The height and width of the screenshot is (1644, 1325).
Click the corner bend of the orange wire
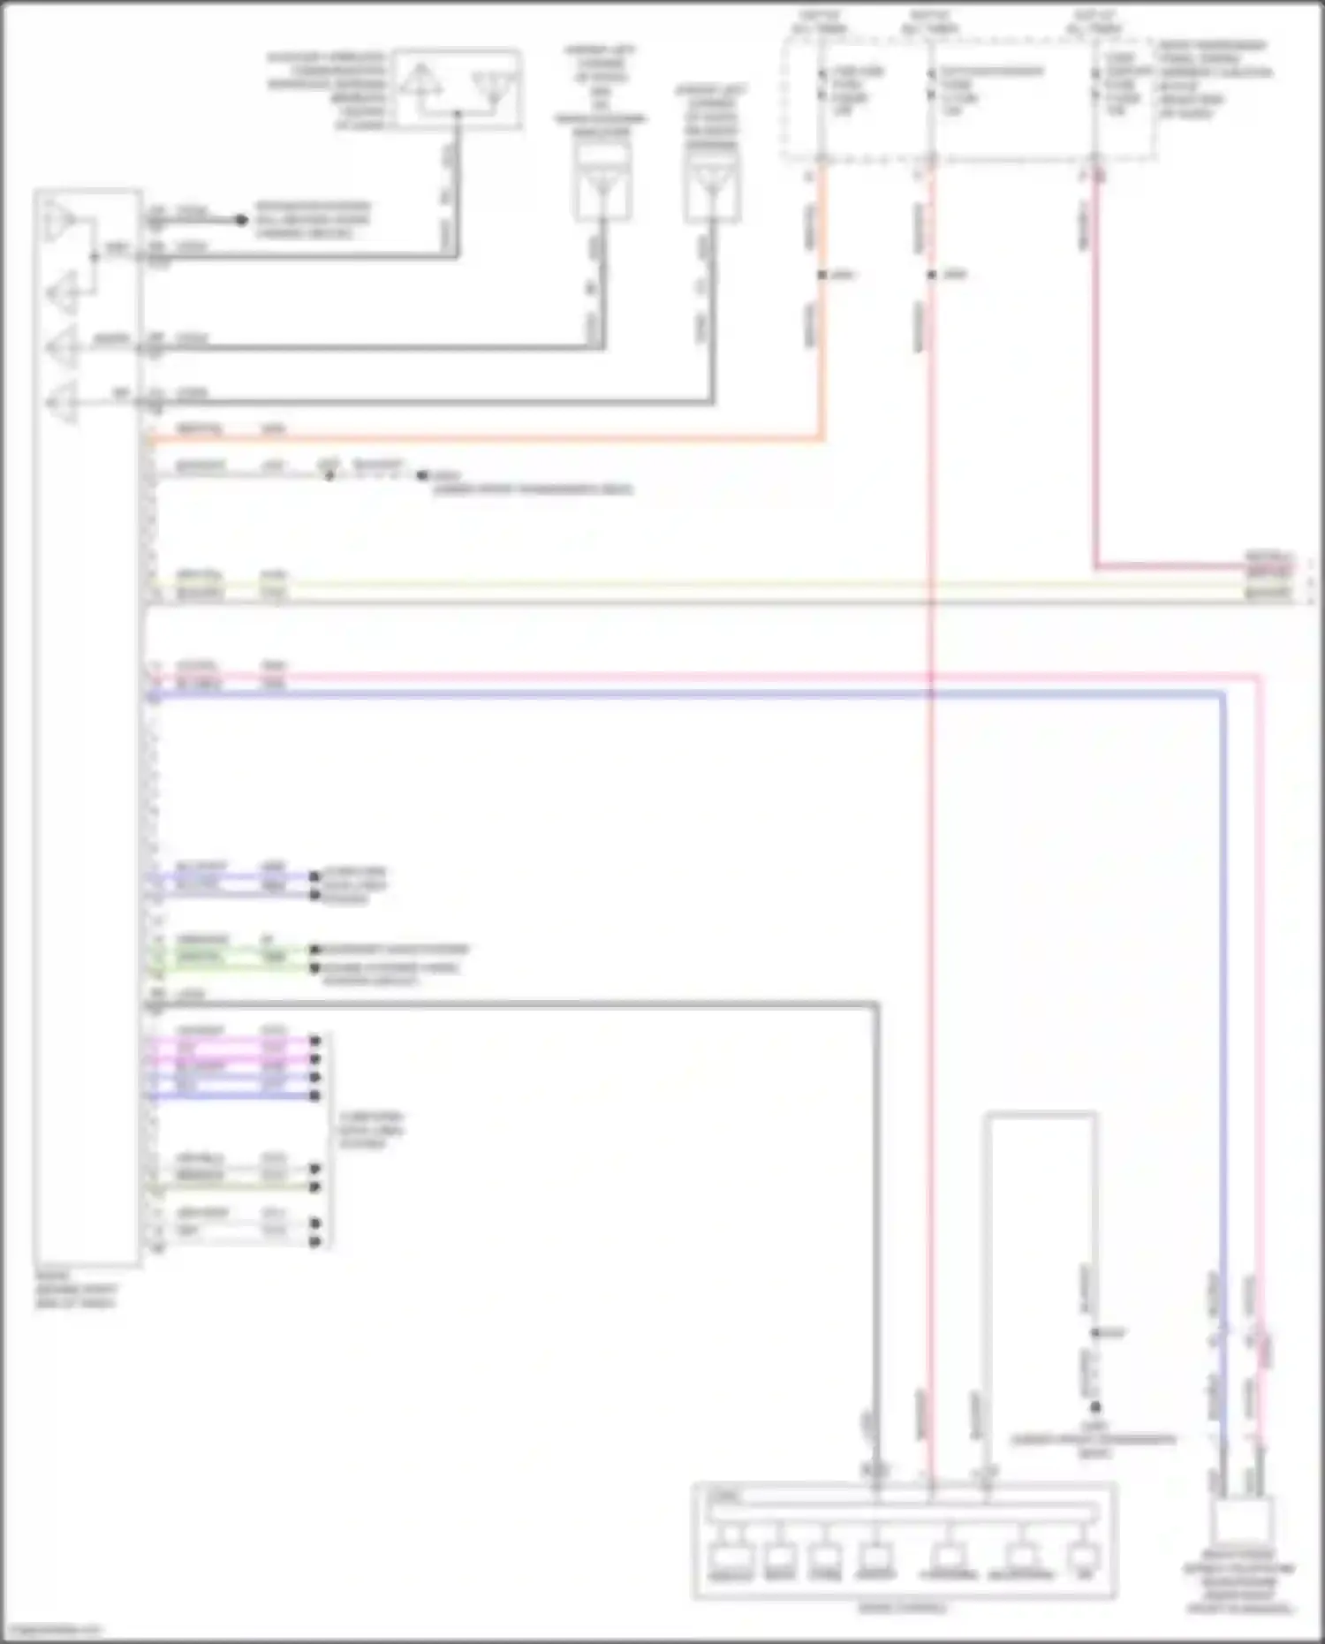tap(822, 436)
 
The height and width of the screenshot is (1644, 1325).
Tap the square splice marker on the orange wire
tap(821, 275)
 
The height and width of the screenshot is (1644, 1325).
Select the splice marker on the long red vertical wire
tap(931, 275)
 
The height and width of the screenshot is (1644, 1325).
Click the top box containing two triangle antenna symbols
tap(457, 90)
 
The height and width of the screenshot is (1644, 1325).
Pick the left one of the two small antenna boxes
tap(602, 182)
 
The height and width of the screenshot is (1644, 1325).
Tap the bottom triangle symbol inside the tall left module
tap(61, 403)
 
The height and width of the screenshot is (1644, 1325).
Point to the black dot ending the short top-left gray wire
tap(241, 219)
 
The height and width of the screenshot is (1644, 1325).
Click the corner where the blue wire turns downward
tap(1223, 696)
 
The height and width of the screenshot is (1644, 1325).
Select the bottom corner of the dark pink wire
tap(1096, 566)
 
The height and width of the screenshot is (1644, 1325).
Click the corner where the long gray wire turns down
tap(875, 1004)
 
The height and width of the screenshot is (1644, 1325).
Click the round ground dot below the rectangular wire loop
tap(1095, 1406)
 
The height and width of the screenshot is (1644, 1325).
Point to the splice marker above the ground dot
tap(1095, 1332)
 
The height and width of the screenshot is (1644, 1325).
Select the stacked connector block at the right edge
tap(1269, 579)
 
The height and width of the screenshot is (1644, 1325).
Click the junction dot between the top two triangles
tap(95, 257)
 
